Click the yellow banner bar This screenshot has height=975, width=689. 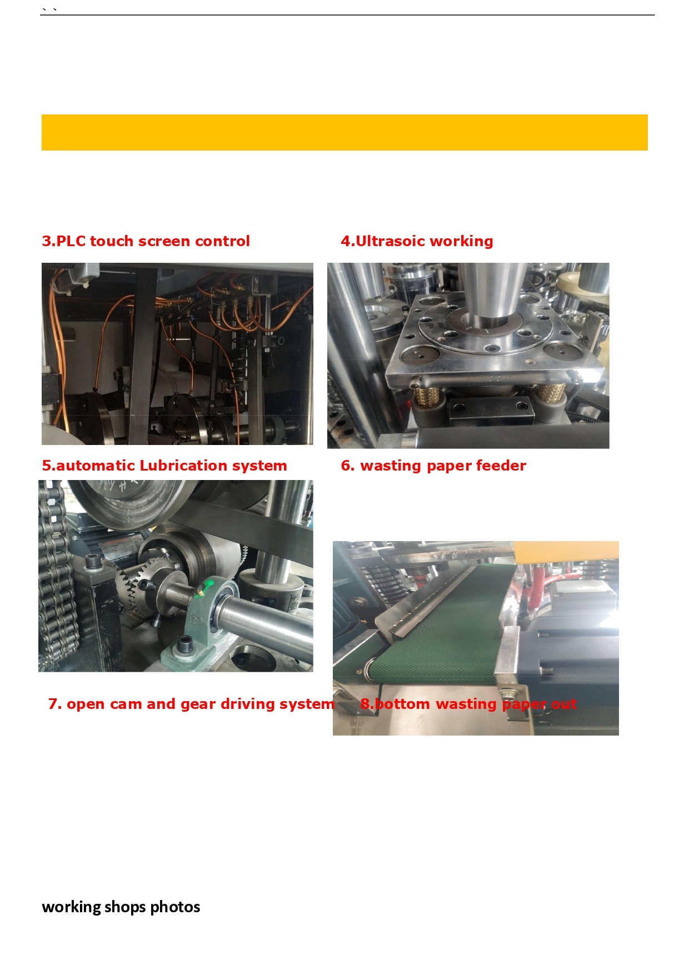[344, 132]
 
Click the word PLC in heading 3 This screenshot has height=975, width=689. [71, 241]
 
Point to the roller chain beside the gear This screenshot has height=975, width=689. [56, 578]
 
